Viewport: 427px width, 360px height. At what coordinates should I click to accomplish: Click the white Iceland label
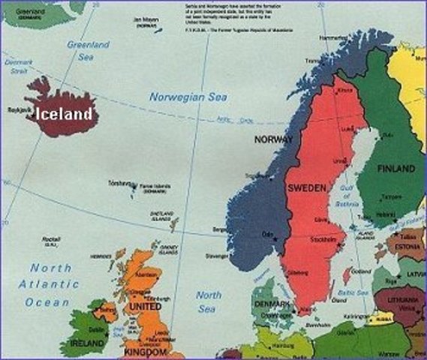tap(64, 114)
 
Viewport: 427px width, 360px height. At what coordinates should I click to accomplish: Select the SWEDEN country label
tap(307, 188)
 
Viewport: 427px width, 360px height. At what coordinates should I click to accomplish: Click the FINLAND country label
tap(395, 167)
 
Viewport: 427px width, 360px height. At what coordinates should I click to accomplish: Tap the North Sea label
tap(209, 301)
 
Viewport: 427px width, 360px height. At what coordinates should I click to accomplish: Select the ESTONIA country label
tap(410, 245)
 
